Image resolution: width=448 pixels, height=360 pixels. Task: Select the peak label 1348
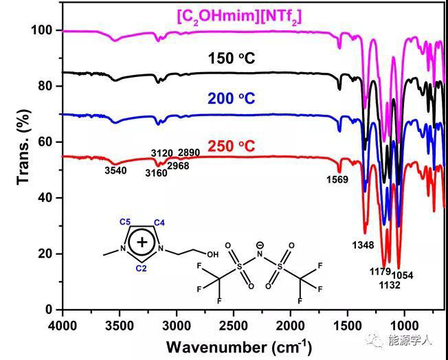tap(363, 245)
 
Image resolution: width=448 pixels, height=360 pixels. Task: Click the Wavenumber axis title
tap(238, 344)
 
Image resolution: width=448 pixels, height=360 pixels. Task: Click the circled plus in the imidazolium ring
tap(142, 242)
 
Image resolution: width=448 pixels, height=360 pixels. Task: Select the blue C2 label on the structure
tap(140, 268)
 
